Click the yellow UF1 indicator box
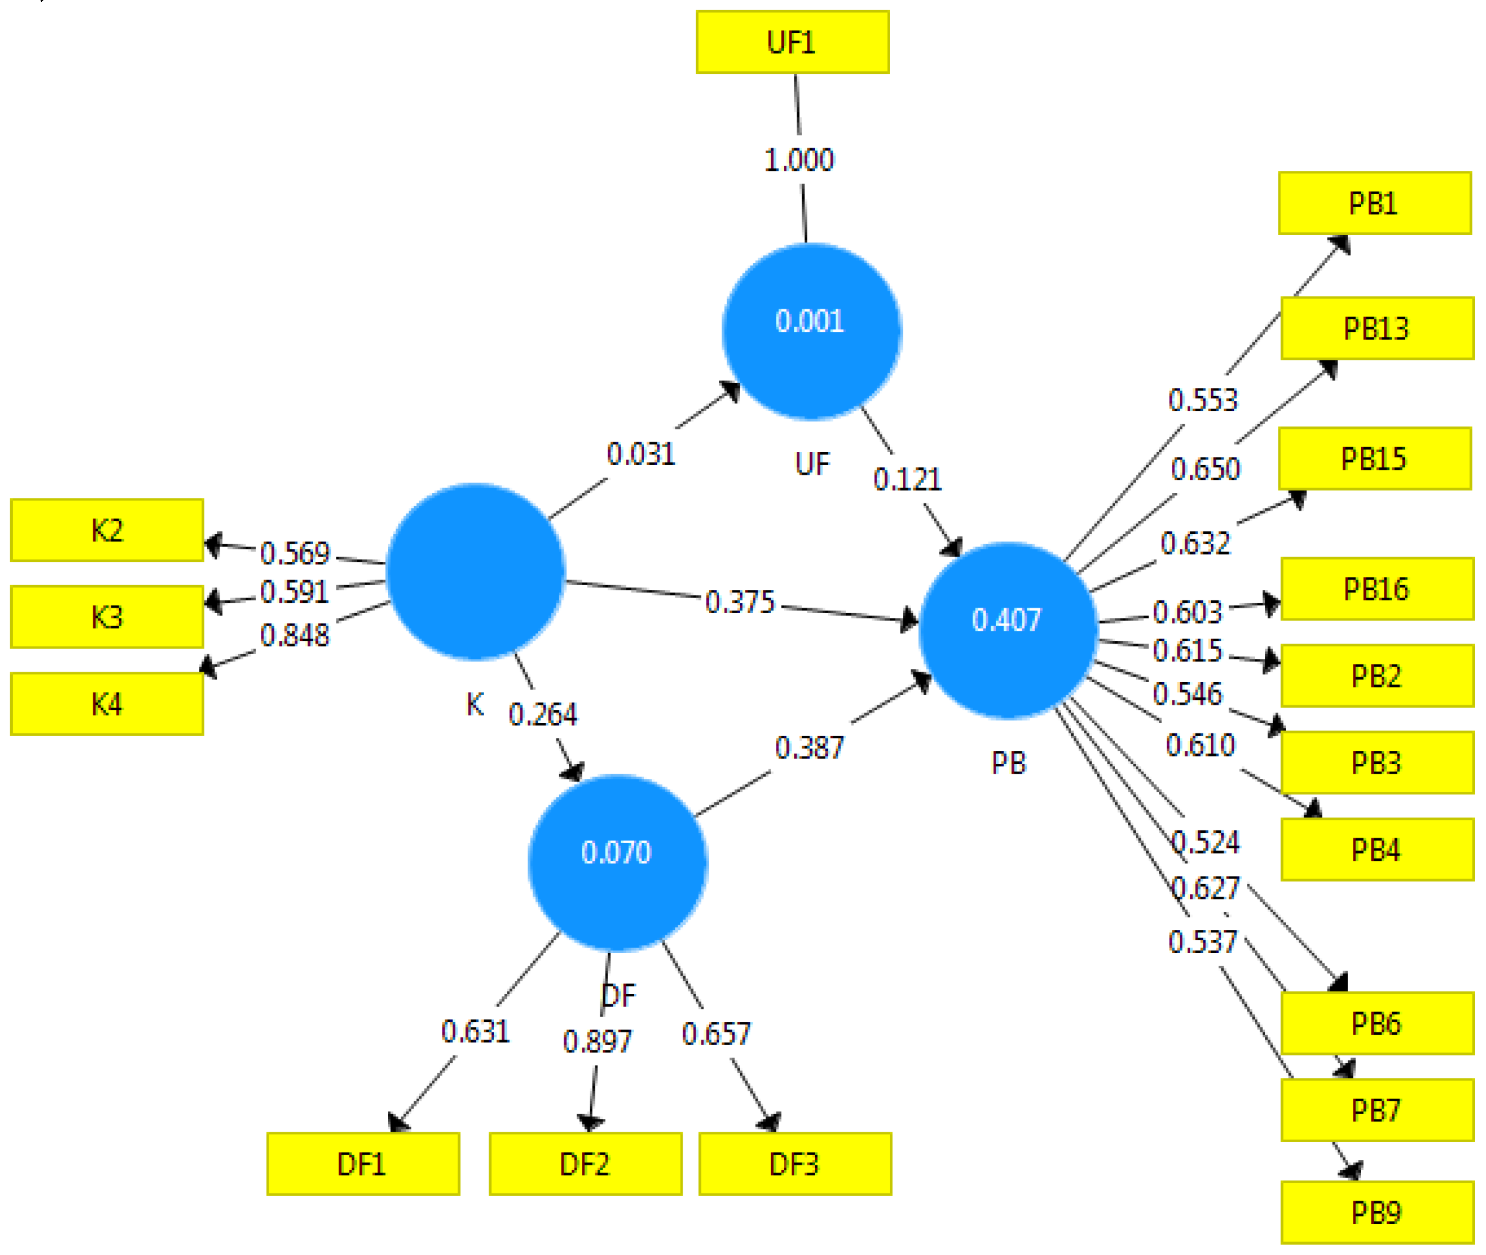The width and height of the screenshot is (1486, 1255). [x=792, y=42]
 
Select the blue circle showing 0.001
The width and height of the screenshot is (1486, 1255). [x=811, y=331]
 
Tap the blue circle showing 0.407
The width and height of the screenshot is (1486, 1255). [x=1007, y=630]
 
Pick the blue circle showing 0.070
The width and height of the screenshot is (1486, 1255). [x=617, y=862]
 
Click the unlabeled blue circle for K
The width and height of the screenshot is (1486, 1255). [x=475, y=571]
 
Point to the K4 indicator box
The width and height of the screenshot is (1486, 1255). [x=107, y=703]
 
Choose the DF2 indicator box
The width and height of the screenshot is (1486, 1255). [x=585, y=1165]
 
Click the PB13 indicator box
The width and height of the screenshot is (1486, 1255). [x=1376, y=329]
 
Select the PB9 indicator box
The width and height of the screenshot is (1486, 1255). [x=1376, y=1213]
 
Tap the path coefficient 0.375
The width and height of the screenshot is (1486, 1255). [x=739, y=603]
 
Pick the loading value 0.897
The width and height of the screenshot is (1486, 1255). [x=597, y=1042]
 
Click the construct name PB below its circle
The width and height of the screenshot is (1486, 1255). [x=1009, y=763]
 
